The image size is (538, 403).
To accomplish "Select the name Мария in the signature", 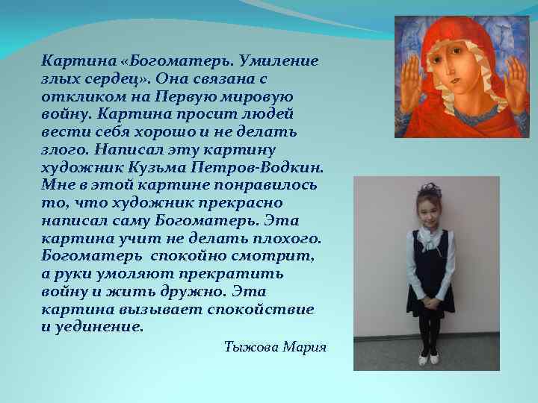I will (305, 348).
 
